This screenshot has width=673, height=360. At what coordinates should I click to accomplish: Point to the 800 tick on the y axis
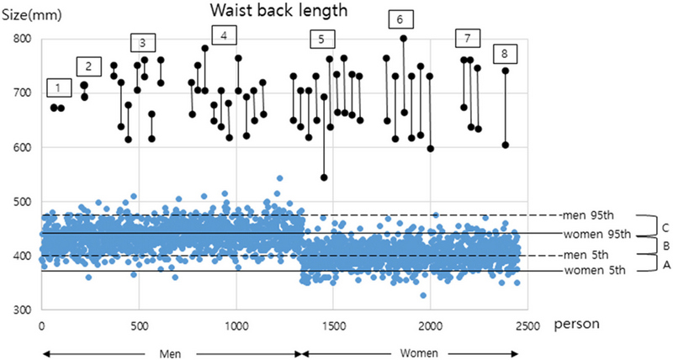20,39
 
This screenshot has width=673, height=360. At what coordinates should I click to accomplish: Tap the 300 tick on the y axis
20,310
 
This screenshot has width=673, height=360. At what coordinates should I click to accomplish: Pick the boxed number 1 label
57,87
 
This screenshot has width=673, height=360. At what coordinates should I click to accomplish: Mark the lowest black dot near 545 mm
324,177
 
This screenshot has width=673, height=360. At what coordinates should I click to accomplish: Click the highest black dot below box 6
404,39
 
